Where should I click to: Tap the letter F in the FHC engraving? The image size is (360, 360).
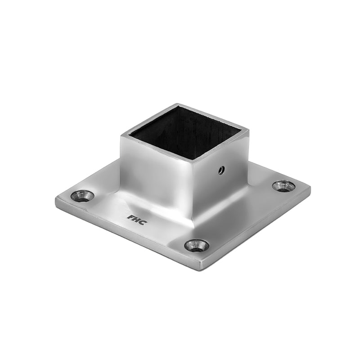click(x=130, y=216)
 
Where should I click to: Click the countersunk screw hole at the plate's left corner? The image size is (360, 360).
click(x=83, y=196)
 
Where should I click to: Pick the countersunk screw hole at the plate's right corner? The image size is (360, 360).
click(x=284, y=185)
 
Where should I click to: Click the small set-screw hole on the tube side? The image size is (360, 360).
click(x=221, y=170)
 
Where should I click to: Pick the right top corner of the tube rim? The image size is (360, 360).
click(x=249, y=130)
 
